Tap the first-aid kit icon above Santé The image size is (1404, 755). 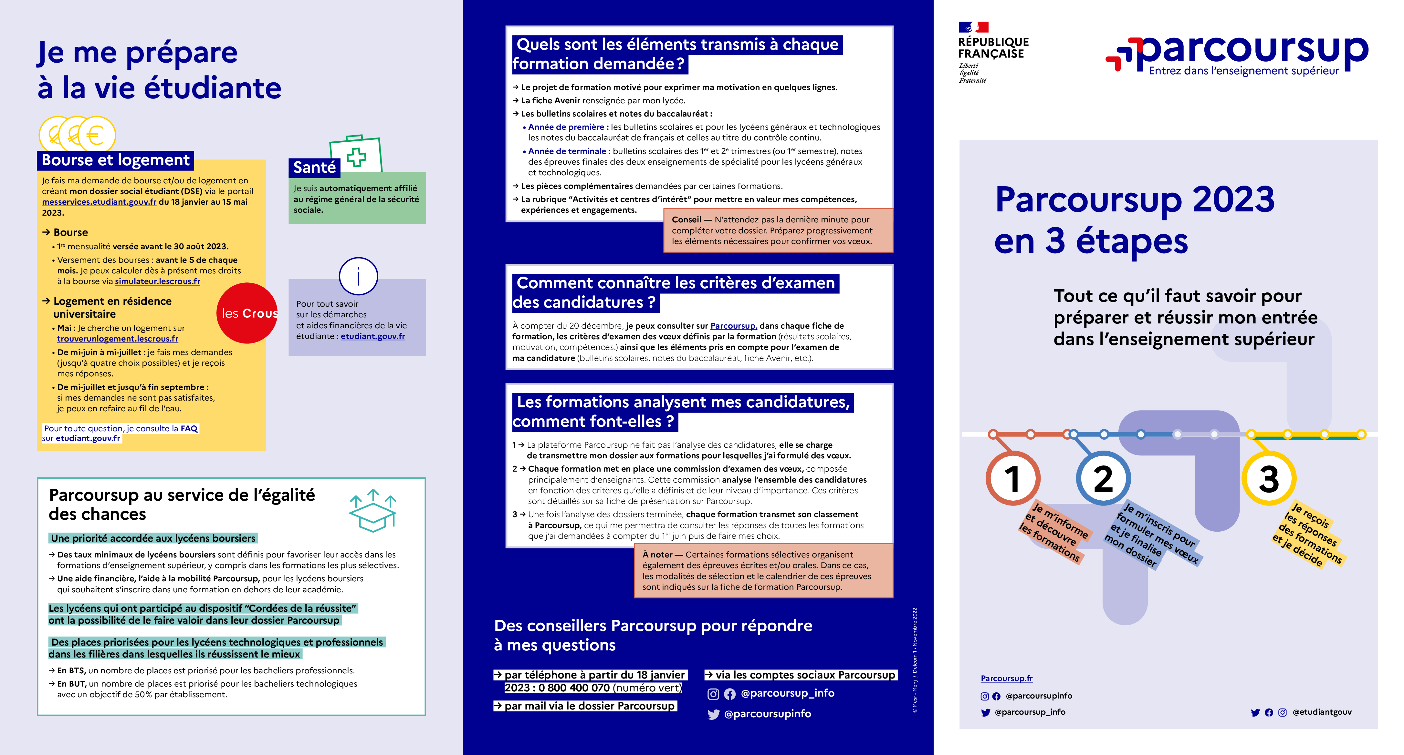click(356, 155)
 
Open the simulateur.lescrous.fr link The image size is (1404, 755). click(158, 281)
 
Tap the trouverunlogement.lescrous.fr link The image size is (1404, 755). click(118, 339)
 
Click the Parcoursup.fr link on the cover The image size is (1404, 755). click(1006, 678)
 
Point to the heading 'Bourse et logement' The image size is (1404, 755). click(116, 160)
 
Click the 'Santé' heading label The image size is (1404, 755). click(314, 167)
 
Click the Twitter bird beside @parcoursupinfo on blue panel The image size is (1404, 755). click(713, 714)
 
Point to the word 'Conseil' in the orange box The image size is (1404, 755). click(686, 219)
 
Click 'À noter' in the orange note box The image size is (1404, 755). click(657, 555)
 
